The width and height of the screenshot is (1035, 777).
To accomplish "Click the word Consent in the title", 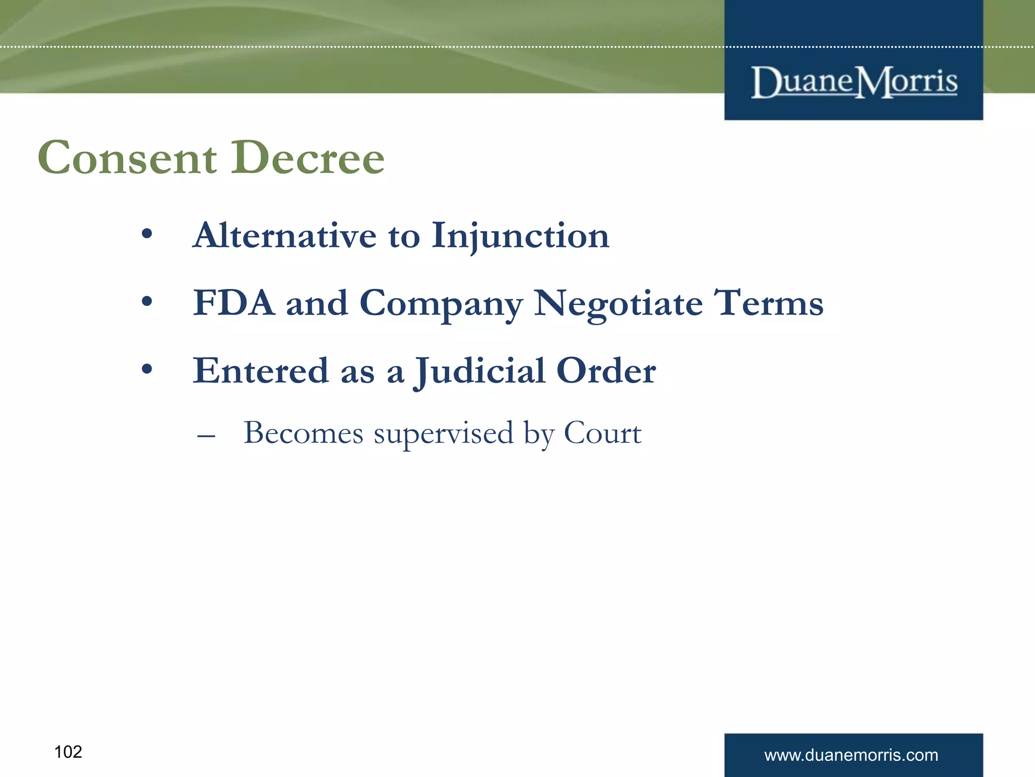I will click(x=127, y=158).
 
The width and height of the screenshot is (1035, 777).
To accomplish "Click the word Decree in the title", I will click(x=308, y=158).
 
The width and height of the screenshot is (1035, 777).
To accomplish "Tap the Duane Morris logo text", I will click(x=854, y=82).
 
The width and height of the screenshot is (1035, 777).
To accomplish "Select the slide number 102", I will click(x=68, y=752).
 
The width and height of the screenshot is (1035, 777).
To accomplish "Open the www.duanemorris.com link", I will click(x=851, y=755).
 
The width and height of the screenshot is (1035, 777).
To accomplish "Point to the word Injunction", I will click(x=521, y=237).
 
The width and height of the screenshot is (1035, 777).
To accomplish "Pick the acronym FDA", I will click(x=233, y=304).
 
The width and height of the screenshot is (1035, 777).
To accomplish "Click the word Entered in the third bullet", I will click(x=261, y=371).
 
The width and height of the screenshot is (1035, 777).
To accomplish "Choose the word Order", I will click(x=606, y=371).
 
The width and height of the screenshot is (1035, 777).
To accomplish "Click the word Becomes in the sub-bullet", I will click(x=303, y=433).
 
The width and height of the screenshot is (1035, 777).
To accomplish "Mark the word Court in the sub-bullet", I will click(x=602, y=433).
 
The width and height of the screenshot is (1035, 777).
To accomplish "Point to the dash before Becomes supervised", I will click(x=206, y=435).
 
